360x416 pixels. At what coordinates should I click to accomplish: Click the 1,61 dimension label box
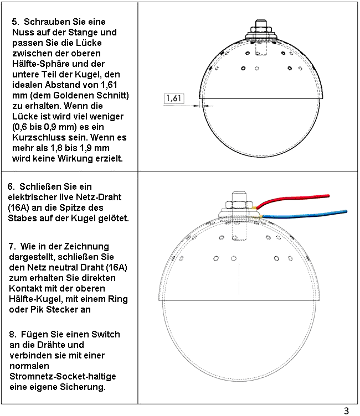[174, 98]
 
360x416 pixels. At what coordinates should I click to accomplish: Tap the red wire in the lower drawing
[293, 201]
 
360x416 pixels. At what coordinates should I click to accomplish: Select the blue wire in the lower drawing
[305, 215]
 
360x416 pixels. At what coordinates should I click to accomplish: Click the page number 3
[346, 410]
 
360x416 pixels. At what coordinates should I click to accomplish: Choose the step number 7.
[12, 246]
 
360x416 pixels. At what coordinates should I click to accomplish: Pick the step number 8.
[13, 334]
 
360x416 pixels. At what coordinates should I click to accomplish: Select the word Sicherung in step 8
[83, 387]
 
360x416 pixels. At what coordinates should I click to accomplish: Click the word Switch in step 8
[105, 334]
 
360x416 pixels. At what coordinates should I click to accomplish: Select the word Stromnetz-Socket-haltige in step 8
[63, 376]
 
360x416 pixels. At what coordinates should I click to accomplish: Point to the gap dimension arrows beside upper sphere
[203, 106]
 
